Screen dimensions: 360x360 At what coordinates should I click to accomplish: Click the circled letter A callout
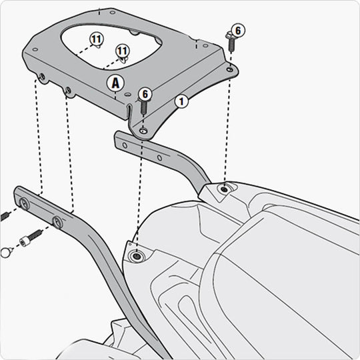[x=115, y=83]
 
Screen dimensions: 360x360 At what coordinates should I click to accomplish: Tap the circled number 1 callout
[x=181, y=101]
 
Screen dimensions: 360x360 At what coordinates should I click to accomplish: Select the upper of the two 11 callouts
[x=97, y=39]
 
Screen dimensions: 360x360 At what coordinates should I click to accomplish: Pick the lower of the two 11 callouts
[x=123, y=51]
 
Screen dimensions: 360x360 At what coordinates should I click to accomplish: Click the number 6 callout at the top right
[x=238, y=30]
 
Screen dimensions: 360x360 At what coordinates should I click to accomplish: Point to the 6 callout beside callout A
[x=145, y=94]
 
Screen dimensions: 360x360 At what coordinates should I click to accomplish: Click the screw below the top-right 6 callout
[x=231, y=42]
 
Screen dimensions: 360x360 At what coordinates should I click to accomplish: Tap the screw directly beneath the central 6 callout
[x=143, y=107]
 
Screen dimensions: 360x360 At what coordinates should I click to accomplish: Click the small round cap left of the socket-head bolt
[x=5, y=253]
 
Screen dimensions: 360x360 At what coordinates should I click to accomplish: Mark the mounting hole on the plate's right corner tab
[x=229, y=69]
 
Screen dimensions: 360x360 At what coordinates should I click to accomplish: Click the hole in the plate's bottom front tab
[x=143, y=131]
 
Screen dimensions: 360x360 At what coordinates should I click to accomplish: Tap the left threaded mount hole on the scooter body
[x=137, y=256]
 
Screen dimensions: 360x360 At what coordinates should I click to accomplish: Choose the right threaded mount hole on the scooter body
[x=223, y=189]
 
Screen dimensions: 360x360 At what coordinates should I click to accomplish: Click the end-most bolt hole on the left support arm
[x=24, y=203]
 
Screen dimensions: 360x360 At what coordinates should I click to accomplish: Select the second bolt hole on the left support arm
[x=57, y=221]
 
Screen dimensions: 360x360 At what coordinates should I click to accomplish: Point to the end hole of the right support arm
[x=125, y=145]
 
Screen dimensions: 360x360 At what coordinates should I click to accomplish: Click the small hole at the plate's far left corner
[x=35, y=49]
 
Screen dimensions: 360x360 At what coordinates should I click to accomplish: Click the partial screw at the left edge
[x=5, y=216]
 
